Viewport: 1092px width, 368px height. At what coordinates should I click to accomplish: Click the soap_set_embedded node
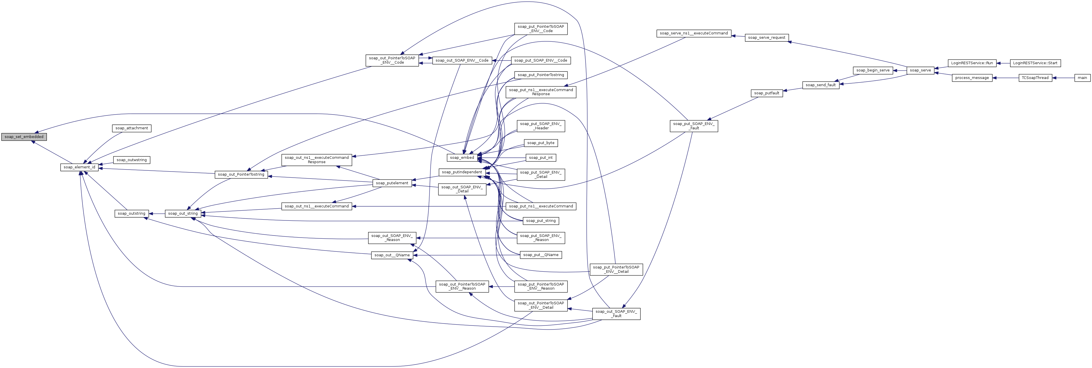pos(24,137)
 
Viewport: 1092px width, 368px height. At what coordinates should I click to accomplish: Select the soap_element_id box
pos(79,167)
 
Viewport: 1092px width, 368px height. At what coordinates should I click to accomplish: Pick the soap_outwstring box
pos(131,160)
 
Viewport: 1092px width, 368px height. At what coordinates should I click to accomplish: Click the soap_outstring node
pos(131,214)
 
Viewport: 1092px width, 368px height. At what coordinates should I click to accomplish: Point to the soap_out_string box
pos(183,214)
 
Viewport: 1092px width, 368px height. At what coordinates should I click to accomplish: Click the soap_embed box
pos(462,158)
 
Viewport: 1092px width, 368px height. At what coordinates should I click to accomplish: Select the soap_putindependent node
pos(462,172)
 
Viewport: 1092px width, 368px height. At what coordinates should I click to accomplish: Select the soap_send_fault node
pos(821,85)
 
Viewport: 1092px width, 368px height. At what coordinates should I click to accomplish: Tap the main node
pos(1082,78)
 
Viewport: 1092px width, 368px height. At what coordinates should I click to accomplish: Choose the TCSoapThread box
pos(1035,78)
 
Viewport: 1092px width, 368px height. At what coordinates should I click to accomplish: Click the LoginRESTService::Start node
pos(1036,63)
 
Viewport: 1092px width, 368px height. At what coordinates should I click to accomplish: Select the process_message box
pos(972,78)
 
